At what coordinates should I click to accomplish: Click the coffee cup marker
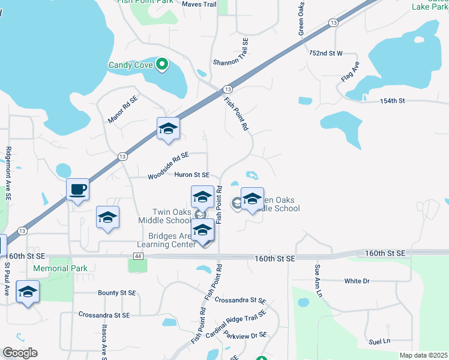click(77, 190)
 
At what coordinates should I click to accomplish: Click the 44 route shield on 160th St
click(137, 256)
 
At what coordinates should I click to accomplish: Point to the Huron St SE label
click(192, 175)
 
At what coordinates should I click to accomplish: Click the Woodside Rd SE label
click(168, 165)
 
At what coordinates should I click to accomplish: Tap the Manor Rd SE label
click(122, 109)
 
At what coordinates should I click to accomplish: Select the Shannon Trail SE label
click(231, 52)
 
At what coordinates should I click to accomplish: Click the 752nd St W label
click(325, 53)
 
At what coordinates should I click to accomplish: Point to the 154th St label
click(393, 101)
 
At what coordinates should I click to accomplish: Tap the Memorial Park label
click(60, 268)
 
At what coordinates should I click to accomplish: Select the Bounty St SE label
click(117, 293)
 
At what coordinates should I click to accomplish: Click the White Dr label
click(357, 281)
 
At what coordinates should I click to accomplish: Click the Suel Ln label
click(379, 341)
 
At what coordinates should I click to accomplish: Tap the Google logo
click(20, 353)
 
